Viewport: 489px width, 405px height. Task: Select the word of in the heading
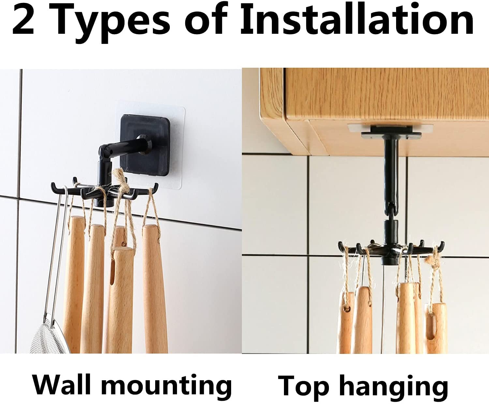coord(206,20)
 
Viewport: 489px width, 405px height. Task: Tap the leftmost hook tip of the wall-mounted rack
coord(53,186)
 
